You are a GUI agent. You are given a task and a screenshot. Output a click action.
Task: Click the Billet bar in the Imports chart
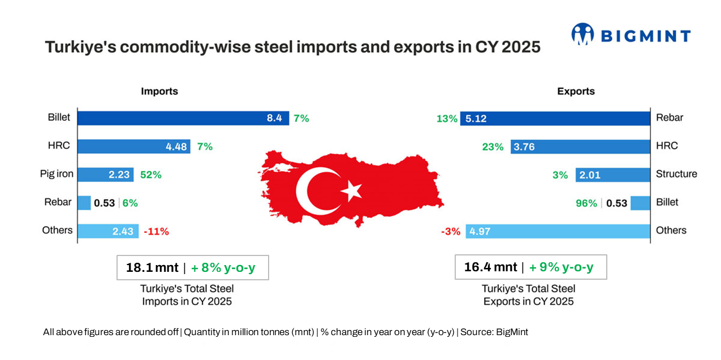(183, 118)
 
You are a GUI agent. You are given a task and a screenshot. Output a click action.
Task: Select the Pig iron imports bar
(106, 175)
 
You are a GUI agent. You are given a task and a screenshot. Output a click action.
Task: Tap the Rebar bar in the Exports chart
(555, 118)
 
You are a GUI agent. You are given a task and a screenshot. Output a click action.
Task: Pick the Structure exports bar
(613, 175)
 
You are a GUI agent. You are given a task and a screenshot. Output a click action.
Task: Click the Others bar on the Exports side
(558, 231)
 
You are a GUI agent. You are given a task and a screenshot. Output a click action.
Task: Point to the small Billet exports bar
(640, 203)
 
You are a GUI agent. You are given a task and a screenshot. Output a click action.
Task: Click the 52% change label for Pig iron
(150, 175)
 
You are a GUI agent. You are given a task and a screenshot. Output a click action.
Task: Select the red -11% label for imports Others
(156, 231)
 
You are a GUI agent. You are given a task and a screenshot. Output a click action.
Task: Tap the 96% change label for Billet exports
(586, 203)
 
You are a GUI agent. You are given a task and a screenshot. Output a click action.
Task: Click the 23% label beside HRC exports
(493, 147)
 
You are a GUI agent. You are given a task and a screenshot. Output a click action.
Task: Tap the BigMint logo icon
(582, 34)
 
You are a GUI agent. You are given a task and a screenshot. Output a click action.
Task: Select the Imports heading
(159, 92)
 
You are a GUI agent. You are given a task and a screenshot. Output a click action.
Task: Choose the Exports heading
(576, 92)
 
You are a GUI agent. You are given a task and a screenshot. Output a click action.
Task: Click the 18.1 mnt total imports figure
(152, 267)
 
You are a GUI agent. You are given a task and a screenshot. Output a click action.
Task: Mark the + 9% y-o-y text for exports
(561, 267)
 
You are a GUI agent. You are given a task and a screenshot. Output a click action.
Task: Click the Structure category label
(676, 174)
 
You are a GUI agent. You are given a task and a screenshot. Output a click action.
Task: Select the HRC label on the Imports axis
(59, 146)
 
